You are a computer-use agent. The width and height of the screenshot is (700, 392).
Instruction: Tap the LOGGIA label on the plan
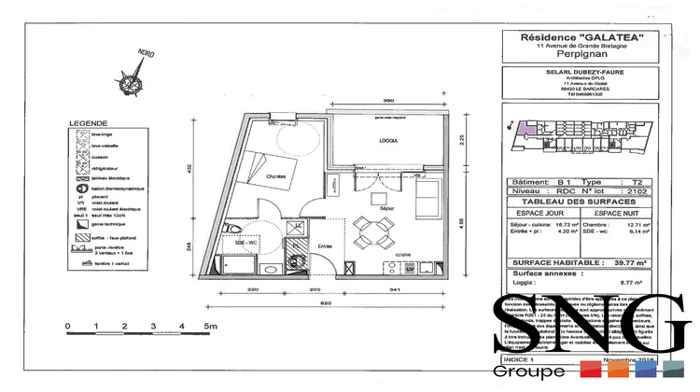tap(390, 140)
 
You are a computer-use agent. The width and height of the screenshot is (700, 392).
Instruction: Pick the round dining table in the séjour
tap(374, 229)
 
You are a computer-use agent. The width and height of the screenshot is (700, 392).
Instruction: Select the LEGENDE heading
tap(87, 123)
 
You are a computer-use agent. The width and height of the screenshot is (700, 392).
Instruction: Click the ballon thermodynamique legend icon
tap(82, 188)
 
